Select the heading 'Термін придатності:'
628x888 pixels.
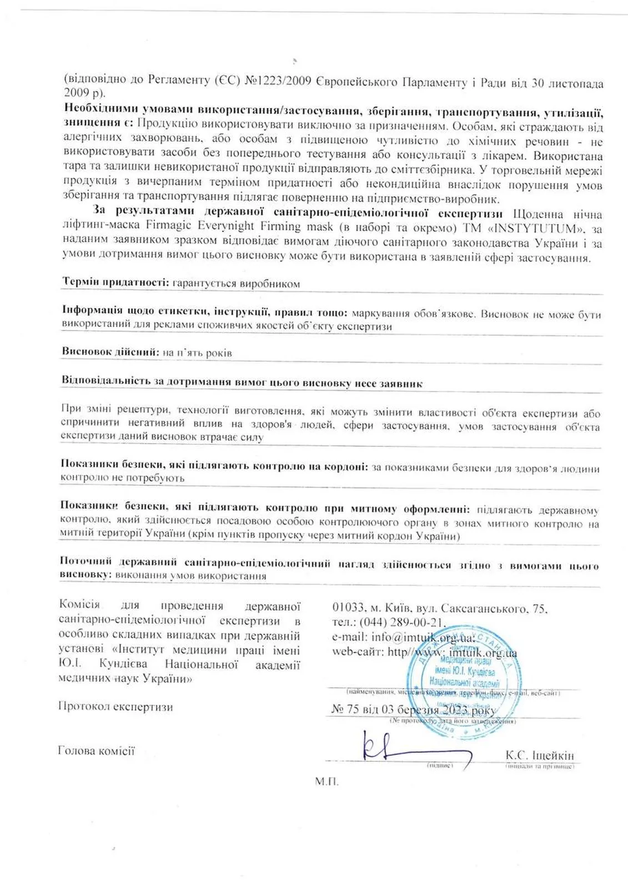point(115,283)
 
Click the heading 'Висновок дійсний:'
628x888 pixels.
point(110,352)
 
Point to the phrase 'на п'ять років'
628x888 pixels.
point(197,352)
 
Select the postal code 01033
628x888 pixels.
point(348,609)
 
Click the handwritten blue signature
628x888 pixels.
point(411,749)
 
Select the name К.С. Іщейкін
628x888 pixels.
point(539,755)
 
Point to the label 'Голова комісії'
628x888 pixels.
point(96,751)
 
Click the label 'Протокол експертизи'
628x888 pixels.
point(115,707)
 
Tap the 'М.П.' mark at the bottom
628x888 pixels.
point(326,781)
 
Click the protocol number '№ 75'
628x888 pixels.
point(344,710)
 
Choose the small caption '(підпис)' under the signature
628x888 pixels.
point(440,766)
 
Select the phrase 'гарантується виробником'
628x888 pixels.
point(236,284)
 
